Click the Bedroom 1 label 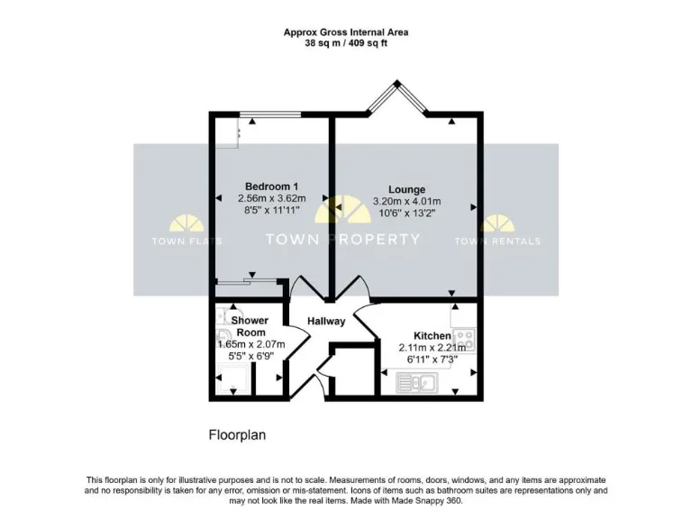click(x=272, y=187)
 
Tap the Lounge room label click(x=407, y=189)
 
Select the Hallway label click(x=326, y=321)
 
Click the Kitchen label click(x=432, y=335)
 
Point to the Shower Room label click(x=249, y=326)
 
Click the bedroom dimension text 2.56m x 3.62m click(x=272, y=198)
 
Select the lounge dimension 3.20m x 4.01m click(x=407, y=201)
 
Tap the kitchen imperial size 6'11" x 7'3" click(x=432, y=360)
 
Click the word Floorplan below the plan click(x=237, y=435)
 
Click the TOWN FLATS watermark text click(x=187, y=241)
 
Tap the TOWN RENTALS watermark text click(x=497, y=241)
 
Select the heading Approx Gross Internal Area click(x=346, y=32)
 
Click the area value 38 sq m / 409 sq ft click(x=346, y=43)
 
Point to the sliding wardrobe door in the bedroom click(x=247, y=283)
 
